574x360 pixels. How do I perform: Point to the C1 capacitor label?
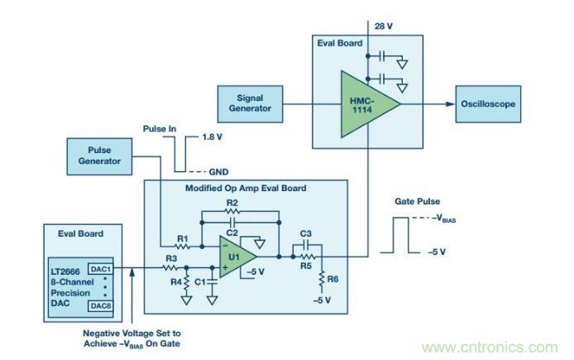click(x=199, y=283)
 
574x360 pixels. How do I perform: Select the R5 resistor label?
click(x=306, y=266)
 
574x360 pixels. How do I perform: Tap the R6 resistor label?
click(x=333, y=281)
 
